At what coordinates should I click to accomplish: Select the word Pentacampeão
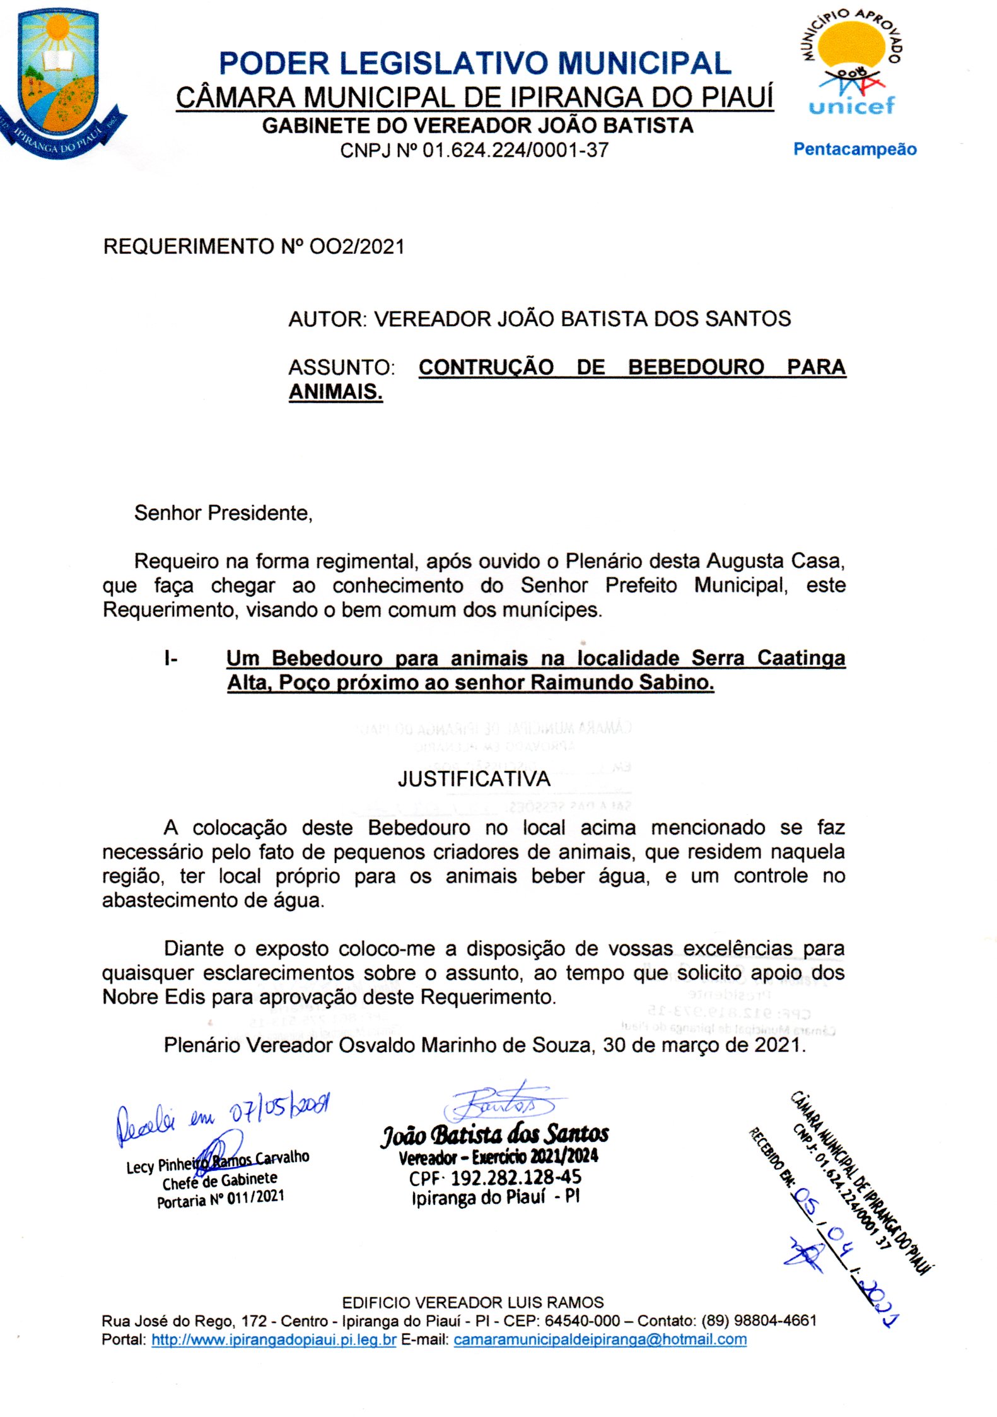click(854, 150)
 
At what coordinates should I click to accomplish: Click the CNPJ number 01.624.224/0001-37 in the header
click(515, 151)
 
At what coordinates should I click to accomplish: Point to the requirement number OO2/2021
click(357, 247)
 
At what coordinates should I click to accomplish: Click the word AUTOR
click(326, 319)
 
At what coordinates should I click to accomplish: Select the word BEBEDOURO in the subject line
click(696, 367)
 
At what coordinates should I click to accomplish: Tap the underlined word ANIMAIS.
click(335, 392)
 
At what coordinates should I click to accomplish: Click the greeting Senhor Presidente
click(223, 513)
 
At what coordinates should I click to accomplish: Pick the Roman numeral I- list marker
click(170, 659)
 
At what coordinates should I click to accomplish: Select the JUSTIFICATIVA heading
click(474, 779)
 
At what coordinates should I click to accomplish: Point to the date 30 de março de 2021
click(704, 1045)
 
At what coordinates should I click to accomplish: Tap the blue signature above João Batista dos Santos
click(498, 1103)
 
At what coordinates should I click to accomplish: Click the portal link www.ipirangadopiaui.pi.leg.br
click(274, 1339)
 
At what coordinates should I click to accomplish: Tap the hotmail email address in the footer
click(600, 1339)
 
